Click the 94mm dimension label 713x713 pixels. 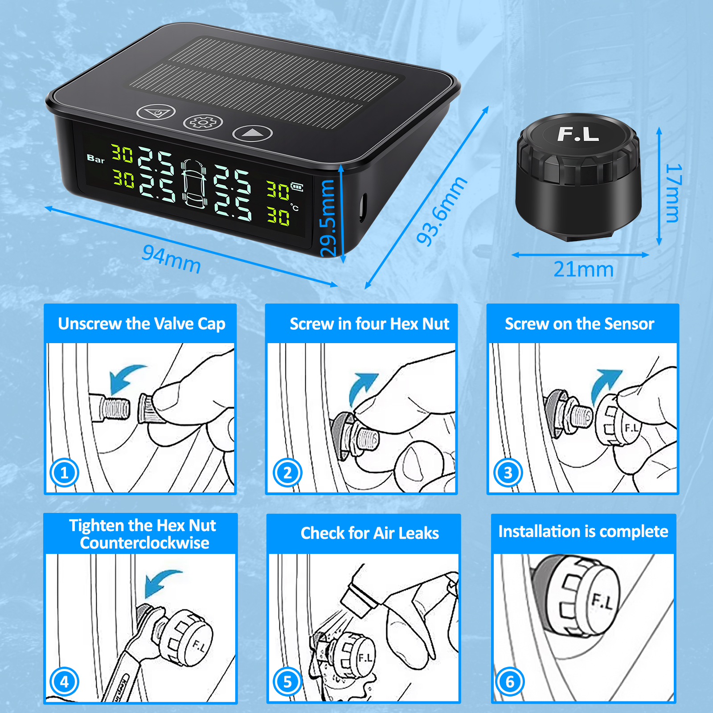172,259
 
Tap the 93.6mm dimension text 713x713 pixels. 442,211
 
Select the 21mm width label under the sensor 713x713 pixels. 583,270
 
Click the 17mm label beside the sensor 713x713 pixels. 673,193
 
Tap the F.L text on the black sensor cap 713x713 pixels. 578,134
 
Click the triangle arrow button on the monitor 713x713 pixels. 252,133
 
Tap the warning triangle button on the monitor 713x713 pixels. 156,112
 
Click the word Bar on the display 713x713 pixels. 95,159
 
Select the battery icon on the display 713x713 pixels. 297,187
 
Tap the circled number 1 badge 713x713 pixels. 64,472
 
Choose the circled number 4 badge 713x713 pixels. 64,681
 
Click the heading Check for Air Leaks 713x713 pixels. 370,533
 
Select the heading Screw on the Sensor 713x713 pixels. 579,324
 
